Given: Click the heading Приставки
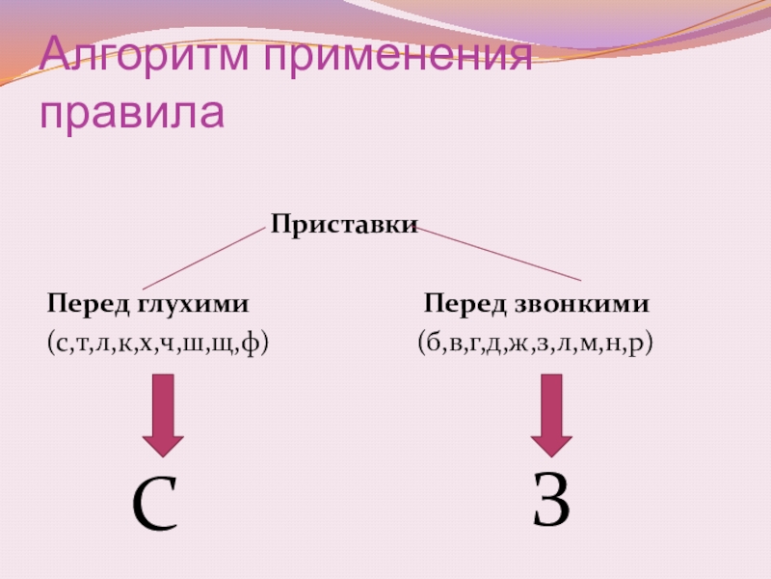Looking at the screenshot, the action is (344, 225).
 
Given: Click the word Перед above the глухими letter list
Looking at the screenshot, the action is (88, 305).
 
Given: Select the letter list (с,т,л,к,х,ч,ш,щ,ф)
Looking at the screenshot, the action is (156, 342).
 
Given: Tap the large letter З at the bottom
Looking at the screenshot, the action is (552, 500).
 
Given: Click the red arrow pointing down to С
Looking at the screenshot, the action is (165, 415).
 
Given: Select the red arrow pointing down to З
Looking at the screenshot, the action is (551, 415).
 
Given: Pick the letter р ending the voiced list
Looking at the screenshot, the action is (636, 343).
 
